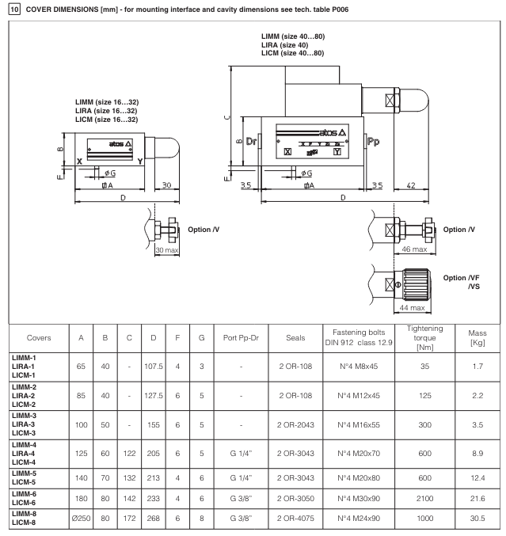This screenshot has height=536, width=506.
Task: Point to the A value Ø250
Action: point(81,519)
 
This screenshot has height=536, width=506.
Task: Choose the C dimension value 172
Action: point(127,519)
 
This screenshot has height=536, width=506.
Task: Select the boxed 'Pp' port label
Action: point(375,143)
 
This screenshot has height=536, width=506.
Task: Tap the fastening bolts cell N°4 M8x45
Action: point(351,367)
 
